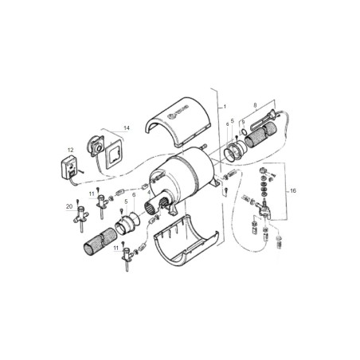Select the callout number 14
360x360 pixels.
coord(127,127)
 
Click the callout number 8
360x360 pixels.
coord(255,104)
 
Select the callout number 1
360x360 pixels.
coord(225,106)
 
